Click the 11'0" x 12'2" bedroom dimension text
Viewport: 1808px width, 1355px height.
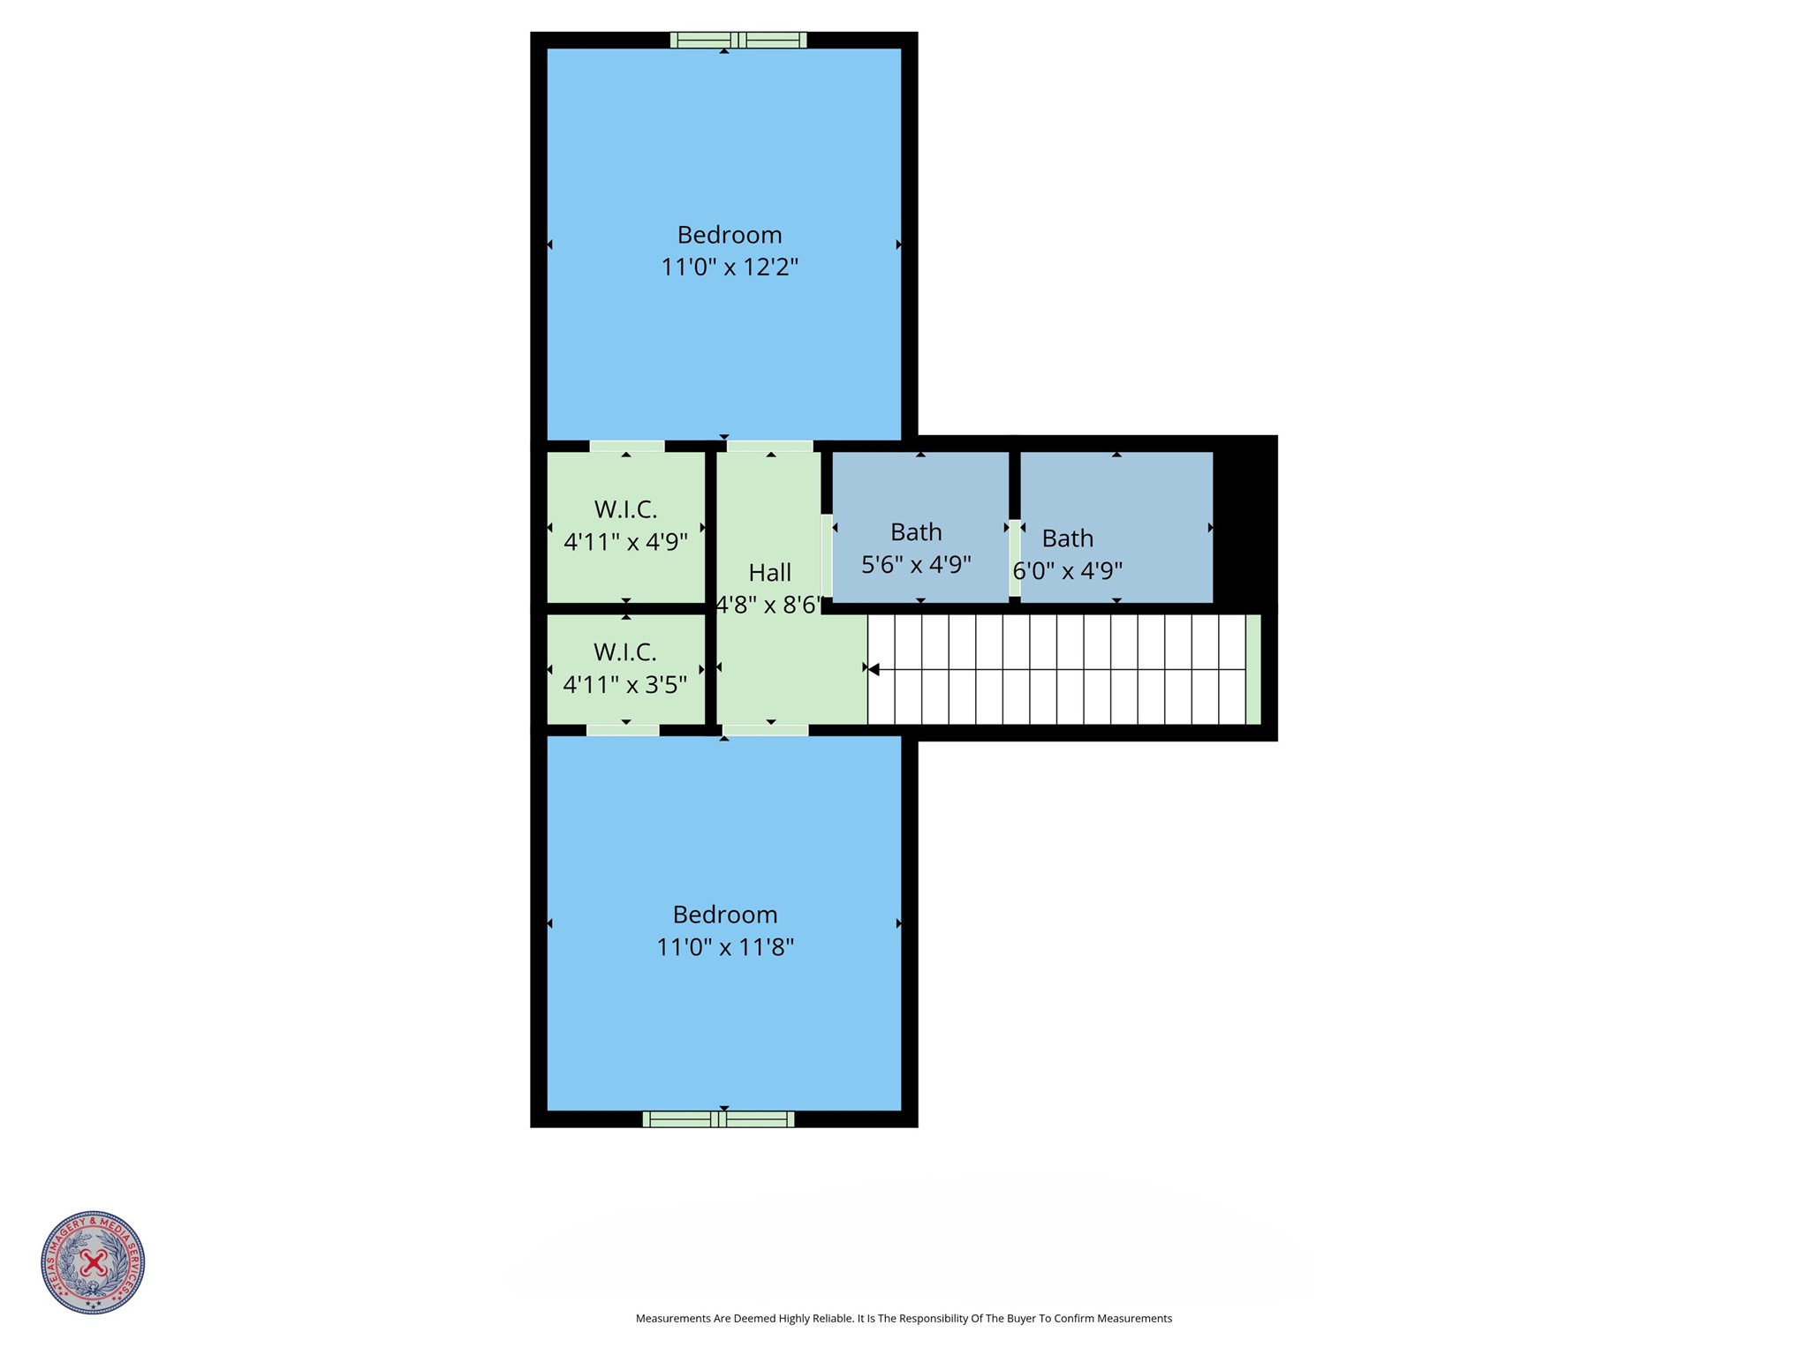point(730,267)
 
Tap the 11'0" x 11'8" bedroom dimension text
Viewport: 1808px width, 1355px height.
point(724,947)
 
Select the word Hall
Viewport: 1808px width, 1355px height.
point(769,573)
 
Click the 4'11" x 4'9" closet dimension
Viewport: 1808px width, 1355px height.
point(625,541)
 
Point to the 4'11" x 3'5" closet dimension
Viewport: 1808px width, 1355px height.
point(624,684)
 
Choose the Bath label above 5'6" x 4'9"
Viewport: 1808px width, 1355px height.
point(916,532)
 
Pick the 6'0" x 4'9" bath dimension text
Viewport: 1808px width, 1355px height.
point(1067,570)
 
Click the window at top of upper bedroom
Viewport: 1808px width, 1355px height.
point(738,40)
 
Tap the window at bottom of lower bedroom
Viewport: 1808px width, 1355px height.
point(718,1119)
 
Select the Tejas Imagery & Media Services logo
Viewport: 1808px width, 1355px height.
point(93,1261)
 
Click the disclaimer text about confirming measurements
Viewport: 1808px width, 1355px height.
point(904,1318)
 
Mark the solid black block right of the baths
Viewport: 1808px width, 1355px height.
point(1244,526)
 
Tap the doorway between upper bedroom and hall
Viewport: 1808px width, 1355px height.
point(769,446)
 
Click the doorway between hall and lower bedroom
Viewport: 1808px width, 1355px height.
point(765,730)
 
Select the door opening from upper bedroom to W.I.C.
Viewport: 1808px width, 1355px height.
point(627,446)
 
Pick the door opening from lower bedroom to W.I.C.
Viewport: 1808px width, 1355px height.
point(623,730)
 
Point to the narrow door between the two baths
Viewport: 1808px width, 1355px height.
point(1015,558)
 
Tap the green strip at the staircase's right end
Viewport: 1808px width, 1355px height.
point(1252,669)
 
